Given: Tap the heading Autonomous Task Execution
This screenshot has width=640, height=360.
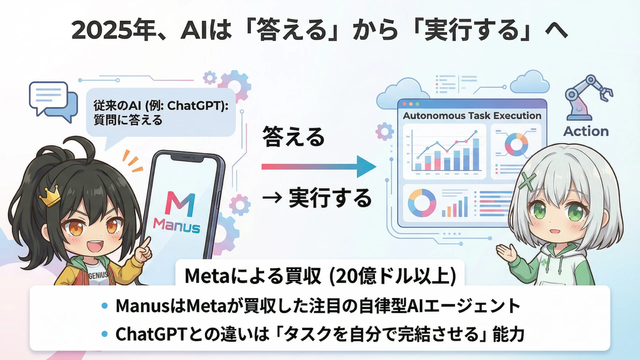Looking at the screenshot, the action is pos(472,116).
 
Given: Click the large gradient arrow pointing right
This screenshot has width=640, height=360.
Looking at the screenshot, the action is pos(319,167).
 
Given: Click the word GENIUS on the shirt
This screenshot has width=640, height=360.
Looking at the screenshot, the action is pos(98,275).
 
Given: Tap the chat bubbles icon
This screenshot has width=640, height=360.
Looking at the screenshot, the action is pos(53,102).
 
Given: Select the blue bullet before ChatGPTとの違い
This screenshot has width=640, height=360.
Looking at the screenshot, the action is pos(105,334).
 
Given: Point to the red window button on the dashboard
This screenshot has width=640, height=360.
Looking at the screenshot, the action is pos(404,104).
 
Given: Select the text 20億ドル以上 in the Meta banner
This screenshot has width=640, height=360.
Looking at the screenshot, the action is pos(393,276).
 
